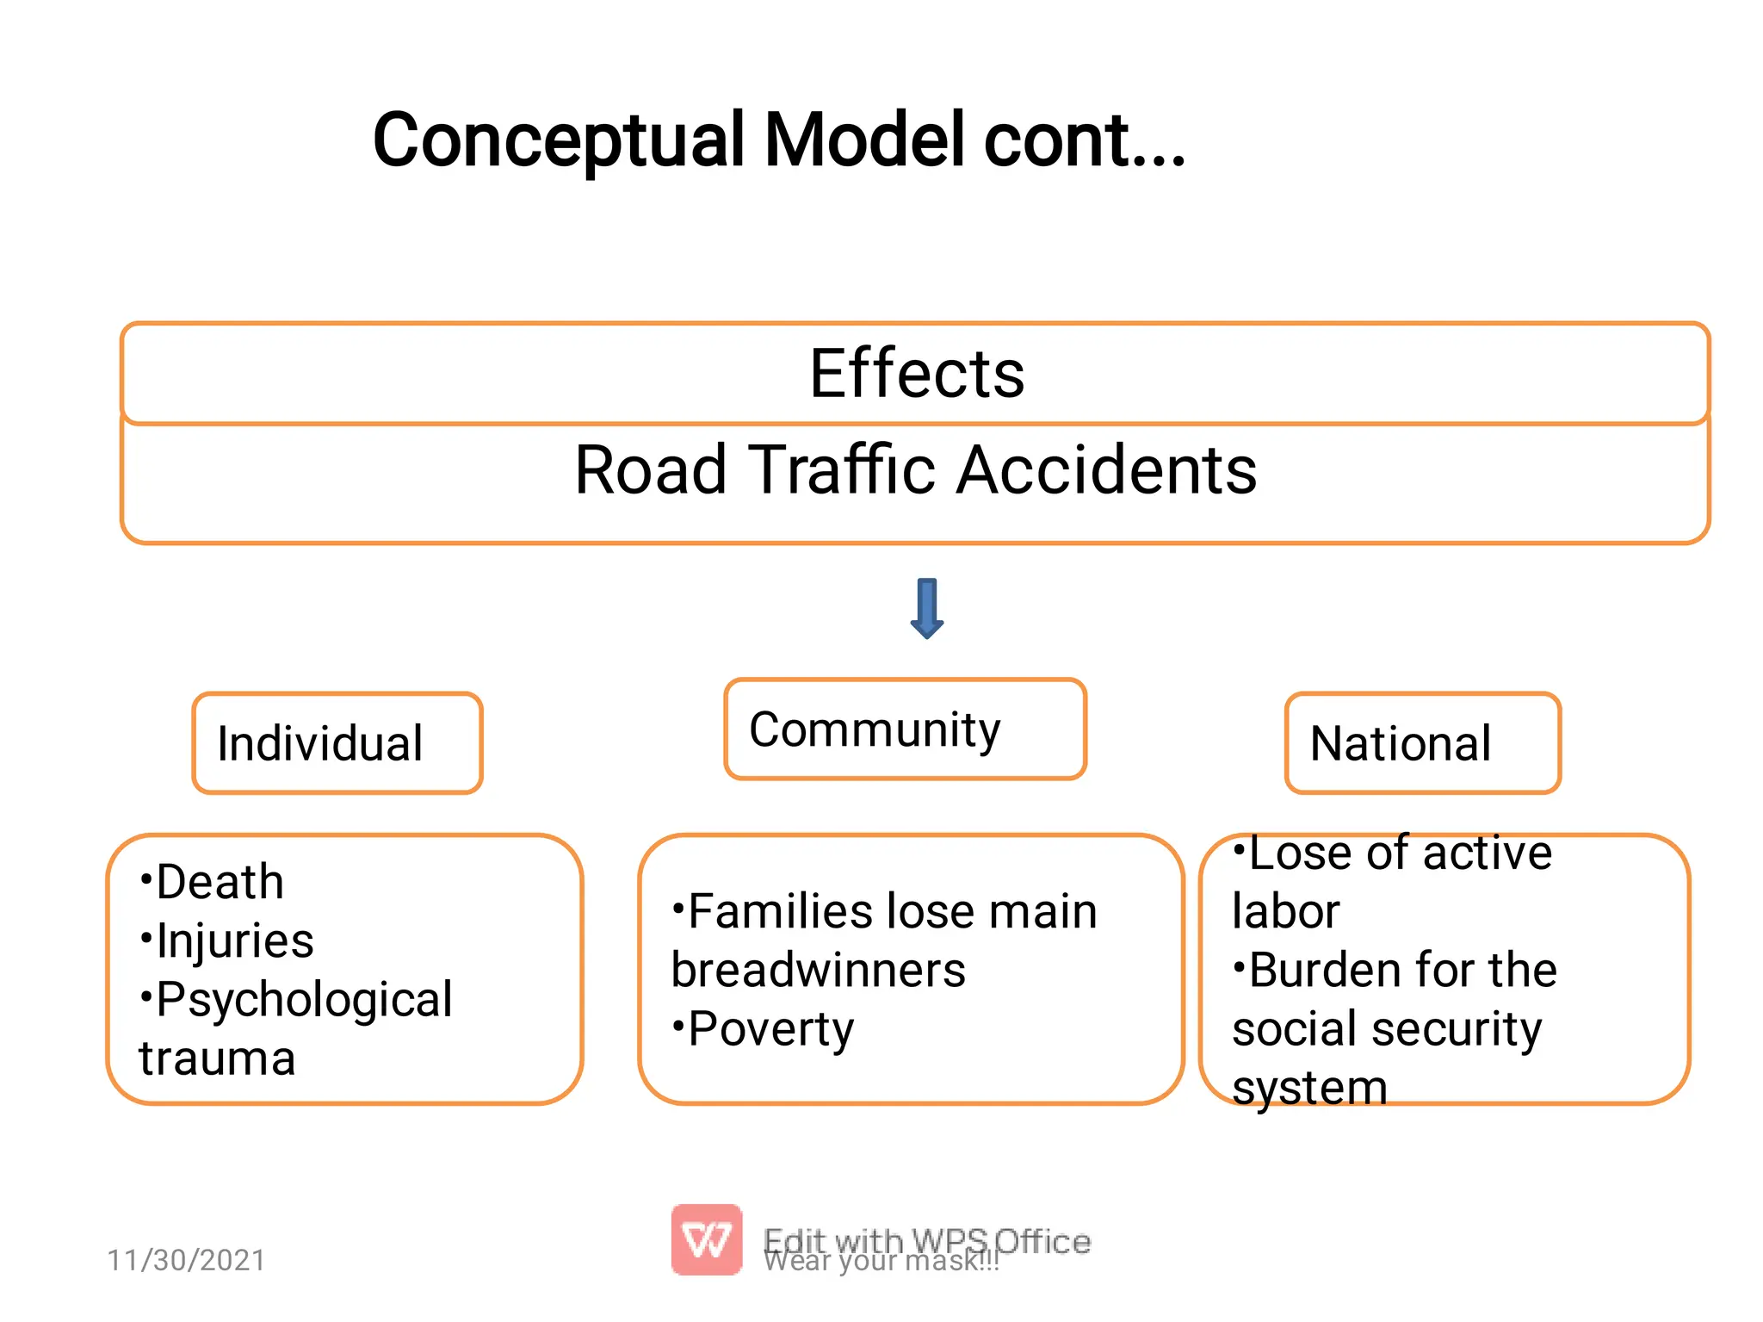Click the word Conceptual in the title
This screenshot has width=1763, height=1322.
tap(558, 140)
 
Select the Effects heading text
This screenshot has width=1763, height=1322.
tap(917, 374)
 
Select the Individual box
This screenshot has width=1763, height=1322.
tap(337, 743)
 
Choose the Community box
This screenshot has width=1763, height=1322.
tap(905, 729)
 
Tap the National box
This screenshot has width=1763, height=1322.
tap(1422, 743)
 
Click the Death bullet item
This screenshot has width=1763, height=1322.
tap(220, 882)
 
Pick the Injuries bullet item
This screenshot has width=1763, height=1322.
tap(234, 940)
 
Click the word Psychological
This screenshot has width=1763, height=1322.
tap(304, 999)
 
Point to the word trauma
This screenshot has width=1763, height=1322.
tap(217, 1058)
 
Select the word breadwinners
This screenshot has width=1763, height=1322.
tap(818, 971)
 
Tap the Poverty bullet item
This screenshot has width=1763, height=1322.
tap(770, 1029)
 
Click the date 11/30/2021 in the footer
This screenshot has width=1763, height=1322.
tap(186, 1260)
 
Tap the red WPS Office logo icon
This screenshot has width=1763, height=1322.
tap(707, 1239)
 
